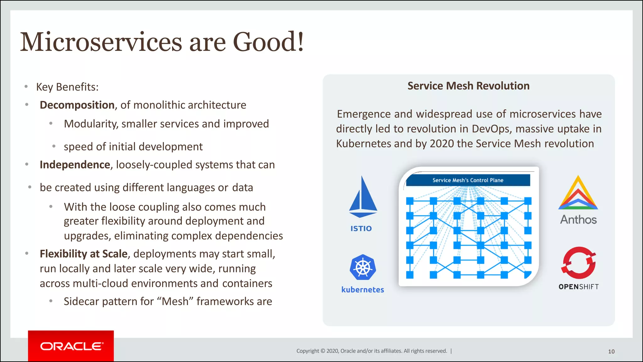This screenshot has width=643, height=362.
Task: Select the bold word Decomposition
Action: click(77, 105)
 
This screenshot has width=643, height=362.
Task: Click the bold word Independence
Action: click(75, 165)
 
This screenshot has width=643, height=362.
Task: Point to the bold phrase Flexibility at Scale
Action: click(84, 254)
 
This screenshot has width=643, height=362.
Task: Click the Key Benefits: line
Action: click(67, 87)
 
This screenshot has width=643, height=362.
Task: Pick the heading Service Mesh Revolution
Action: click(468, 86)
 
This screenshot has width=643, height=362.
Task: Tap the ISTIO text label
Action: click(361, 228)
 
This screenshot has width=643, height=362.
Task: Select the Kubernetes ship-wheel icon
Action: click(363, 267)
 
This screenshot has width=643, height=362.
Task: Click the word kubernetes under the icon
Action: click(363, 289)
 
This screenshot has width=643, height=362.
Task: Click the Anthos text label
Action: click(578, 219)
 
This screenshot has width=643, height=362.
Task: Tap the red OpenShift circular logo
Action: click(578, 263)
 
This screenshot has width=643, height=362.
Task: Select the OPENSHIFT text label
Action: click(578, 287)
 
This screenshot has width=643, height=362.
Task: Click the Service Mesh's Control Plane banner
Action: click(468, 180)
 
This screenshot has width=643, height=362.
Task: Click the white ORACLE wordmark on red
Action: click(72, 346)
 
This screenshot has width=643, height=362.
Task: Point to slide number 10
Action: click(611, 351)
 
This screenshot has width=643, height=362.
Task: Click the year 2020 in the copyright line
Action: click(332, 351)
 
